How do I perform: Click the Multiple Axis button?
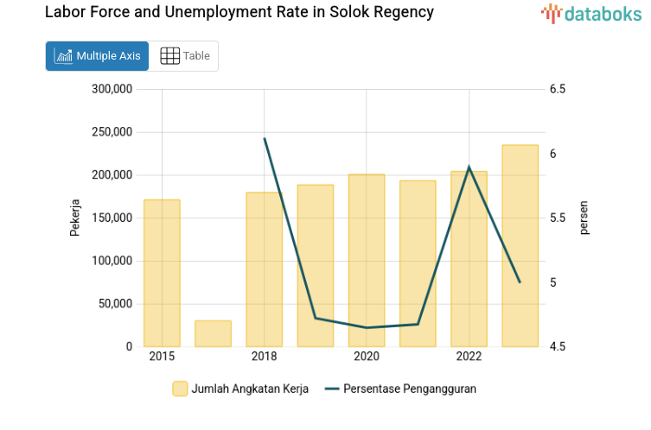[x=97, y=56]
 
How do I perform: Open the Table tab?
[x=185, y=56]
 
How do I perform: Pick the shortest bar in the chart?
[x=213, y=333]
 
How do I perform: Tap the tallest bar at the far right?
[x=520, y=246]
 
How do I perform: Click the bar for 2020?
[x=367, y=261]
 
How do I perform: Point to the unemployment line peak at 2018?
[x=265, y=138]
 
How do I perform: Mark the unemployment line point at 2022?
[x=469, y=167]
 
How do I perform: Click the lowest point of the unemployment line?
[x=367, y=328]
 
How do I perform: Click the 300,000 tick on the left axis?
[x=111, y=89]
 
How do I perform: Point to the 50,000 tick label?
[x=114, y=304]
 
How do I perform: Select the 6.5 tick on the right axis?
[x=557, y=89]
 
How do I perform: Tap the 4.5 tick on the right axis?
[x=557, y=347]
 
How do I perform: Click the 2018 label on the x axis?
[x=264, y=357]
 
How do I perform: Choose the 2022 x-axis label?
[x=469, y=357]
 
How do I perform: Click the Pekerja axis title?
[x=75, y=218]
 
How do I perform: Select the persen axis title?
[x=584, y=218]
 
